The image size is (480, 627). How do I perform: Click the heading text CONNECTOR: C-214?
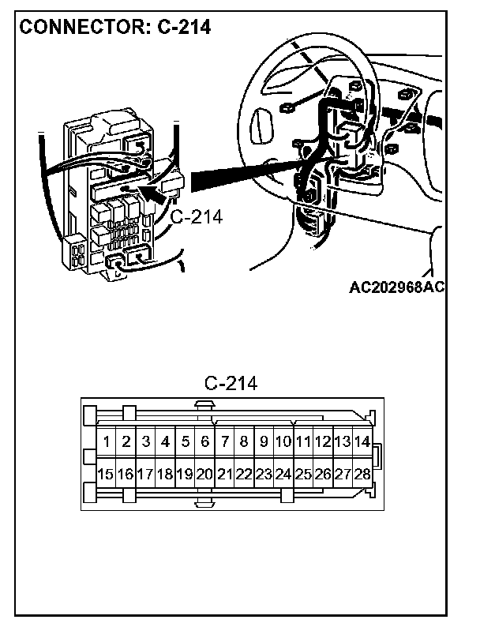114,27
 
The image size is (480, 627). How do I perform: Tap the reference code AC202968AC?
397,286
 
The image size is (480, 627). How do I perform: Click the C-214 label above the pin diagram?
231,384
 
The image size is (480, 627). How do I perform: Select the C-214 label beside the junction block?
197,216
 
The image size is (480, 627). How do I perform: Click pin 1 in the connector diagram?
106,441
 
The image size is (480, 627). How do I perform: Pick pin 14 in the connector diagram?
362,441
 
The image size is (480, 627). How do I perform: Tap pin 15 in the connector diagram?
105,475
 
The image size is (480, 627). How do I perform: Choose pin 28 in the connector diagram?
362,475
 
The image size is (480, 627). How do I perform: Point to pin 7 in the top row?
224,441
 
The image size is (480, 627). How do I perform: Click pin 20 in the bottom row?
204,475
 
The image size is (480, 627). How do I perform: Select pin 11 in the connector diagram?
303,441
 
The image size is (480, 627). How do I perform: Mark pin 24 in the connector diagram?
283,475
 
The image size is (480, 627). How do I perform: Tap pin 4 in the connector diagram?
165,441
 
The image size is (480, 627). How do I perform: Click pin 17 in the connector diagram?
144,475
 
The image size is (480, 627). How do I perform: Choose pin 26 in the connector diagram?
323,475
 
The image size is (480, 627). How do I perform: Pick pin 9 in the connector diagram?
264,441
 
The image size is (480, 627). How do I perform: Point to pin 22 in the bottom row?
244,475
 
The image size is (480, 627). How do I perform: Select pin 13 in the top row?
343,441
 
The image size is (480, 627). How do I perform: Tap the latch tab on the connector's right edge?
378,457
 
